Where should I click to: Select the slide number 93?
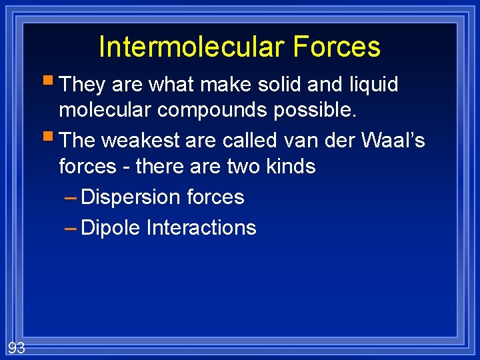tap(16, 347)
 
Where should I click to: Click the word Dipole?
tap(110, 228)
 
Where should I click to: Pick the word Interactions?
tap(201, 228)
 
